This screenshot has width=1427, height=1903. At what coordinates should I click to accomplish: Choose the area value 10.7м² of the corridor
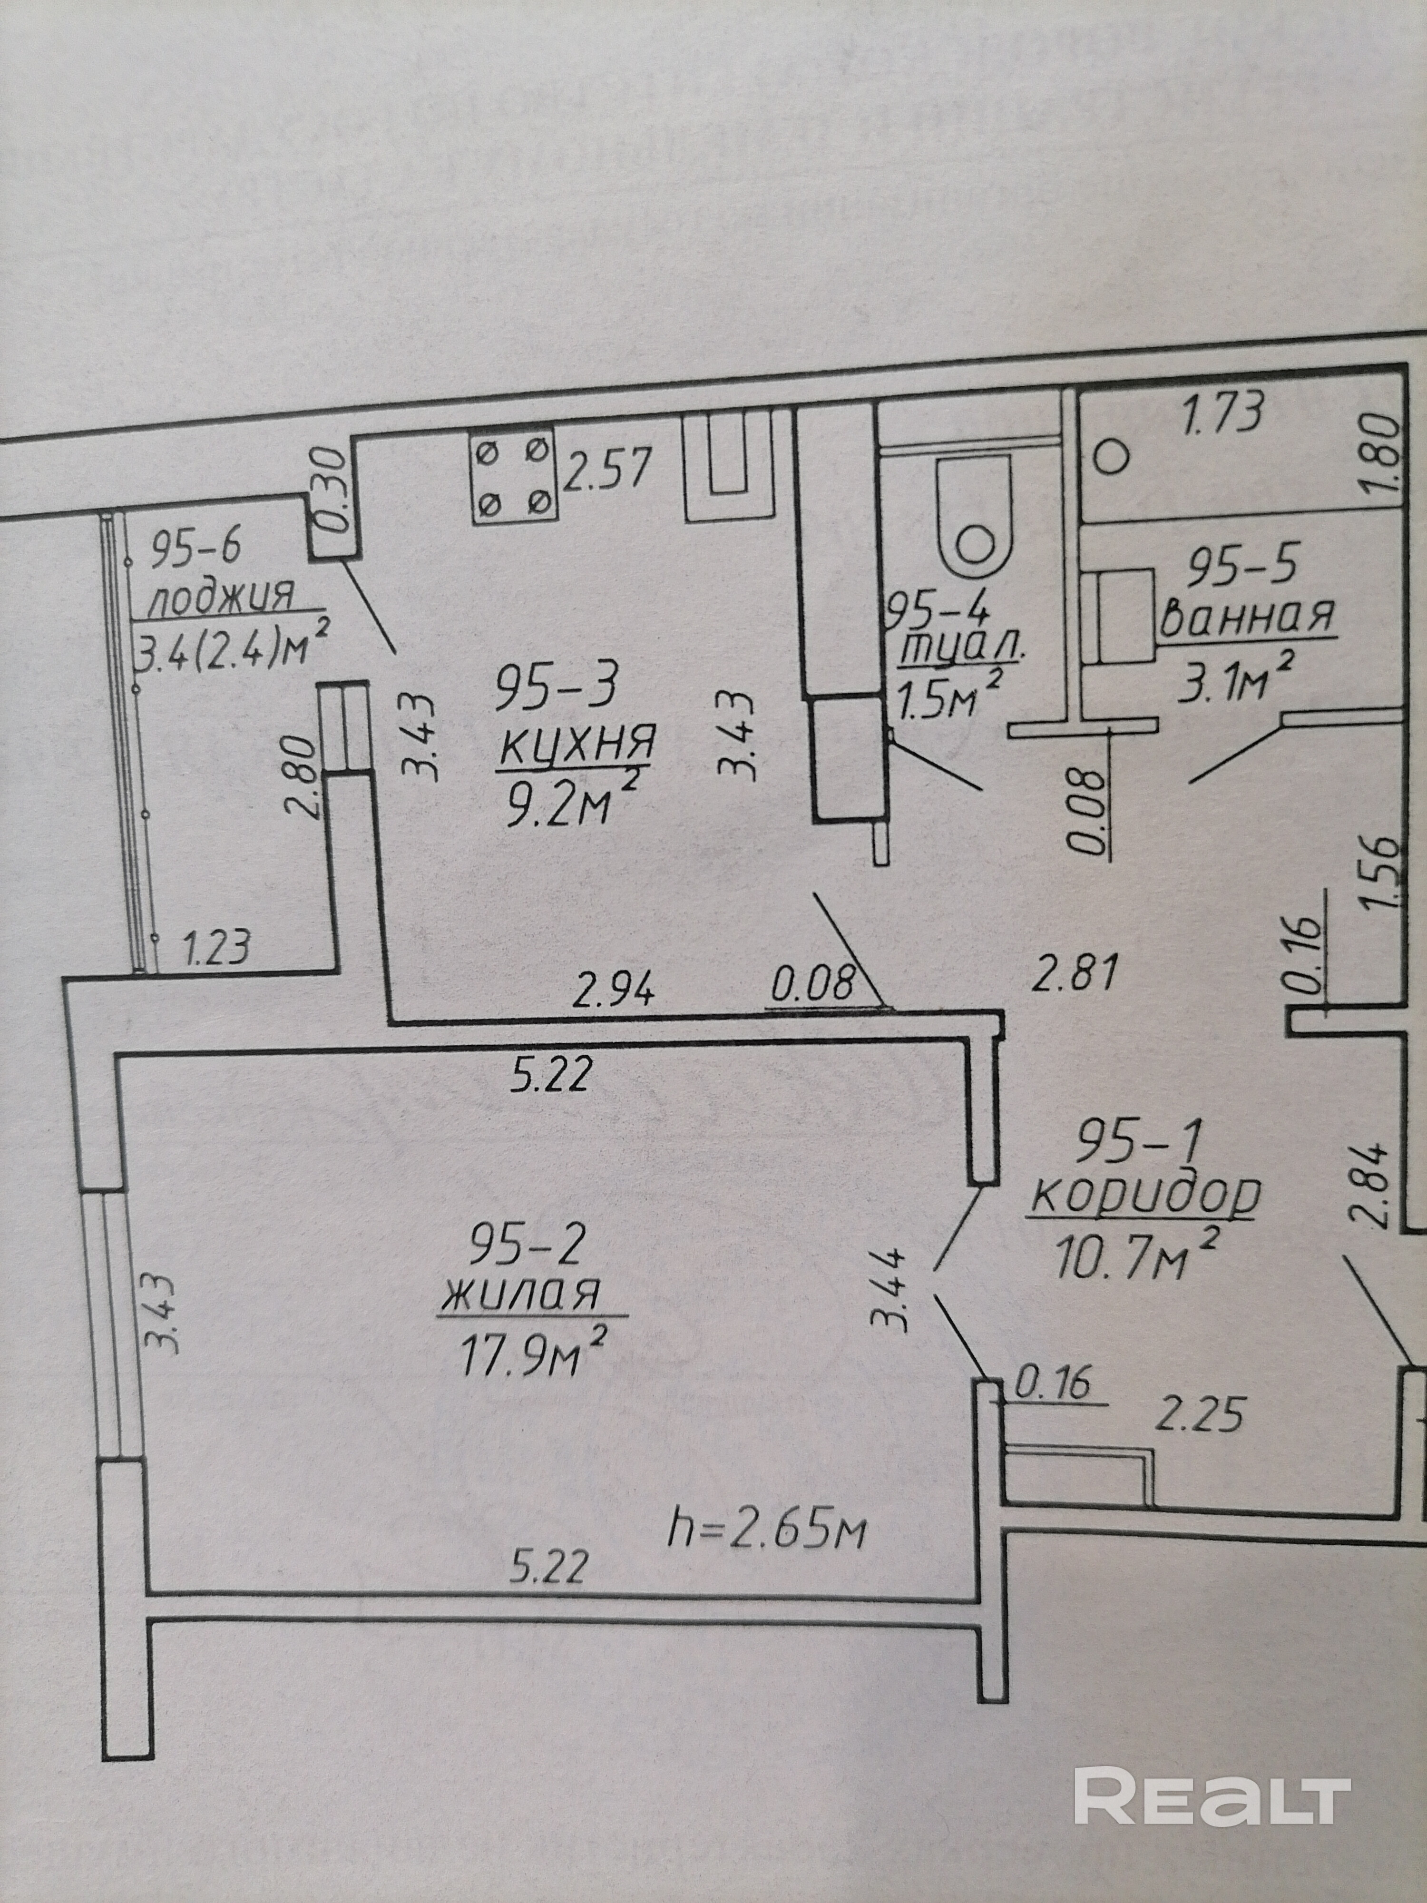tap(1137, 1255)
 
